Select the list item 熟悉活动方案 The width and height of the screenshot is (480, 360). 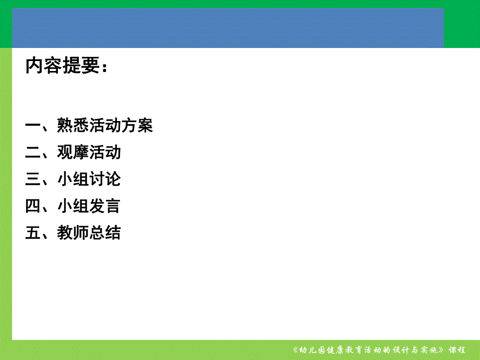click(105, 126)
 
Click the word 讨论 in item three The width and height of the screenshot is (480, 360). click(105, 179)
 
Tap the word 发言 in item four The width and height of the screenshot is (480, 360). click(105, 206)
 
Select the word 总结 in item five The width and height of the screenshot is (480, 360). click(105, 233)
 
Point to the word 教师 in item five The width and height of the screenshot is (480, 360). click(73, 233)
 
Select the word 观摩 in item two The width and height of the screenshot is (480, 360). click(73, 152)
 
